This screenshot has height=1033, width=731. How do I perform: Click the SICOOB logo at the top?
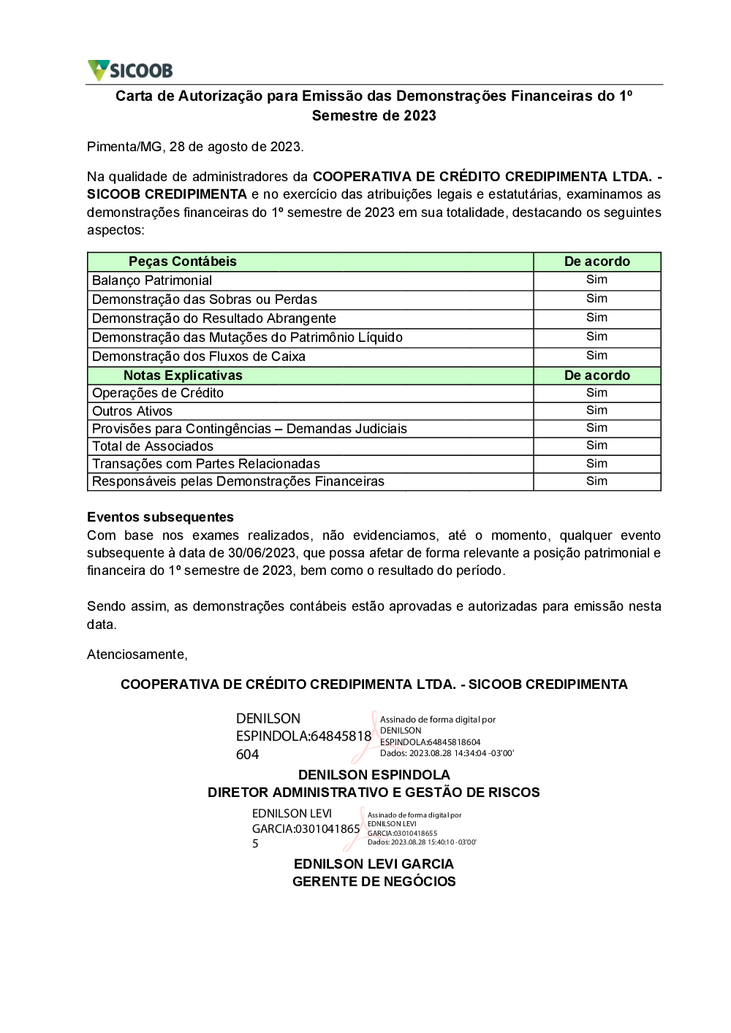pyautogui.click(x=130, y=70)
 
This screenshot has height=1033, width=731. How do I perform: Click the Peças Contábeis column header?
pyautogui.click(x=183, y=262)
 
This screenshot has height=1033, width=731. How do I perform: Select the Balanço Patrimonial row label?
pyautogui.click(x=152, y=281)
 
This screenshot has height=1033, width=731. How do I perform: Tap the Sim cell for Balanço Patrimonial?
pyautogui.click(x=596, y=280)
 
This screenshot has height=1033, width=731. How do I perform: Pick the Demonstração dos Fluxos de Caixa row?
pyautogui.click(x=199, y=357)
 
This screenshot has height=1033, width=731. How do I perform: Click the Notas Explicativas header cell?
pyautogui.click(x=183, y=376)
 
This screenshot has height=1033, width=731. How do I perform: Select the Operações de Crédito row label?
pyautogui.click(x=158, y=393)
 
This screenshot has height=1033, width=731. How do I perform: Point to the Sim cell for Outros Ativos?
pyautogui.click(x=596, y=411)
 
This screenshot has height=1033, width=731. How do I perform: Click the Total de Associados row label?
pyautogui.click(x=153, y=446)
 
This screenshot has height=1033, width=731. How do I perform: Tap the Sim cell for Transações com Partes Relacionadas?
pyautogui.click(x=596, y=464)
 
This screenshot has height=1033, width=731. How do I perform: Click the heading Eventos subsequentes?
pyautogui.click(x=160, y=517)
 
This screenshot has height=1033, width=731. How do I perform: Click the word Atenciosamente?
pyautogui.click(x=137, y=655)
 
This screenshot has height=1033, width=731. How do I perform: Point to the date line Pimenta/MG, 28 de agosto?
pyautogui.click(x=195, y=147)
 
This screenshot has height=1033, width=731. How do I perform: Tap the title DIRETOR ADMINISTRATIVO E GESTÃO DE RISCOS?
pyautogui.click(x=374, y=793)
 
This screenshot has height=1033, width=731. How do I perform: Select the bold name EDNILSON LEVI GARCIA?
pyautogui.click(x=374, y=864)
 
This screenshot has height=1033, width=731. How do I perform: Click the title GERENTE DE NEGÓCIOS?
pyautogui.click(x=374, y=882)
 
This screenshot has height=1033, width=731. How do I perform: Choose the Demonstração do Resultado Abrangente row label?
pyautogui.click(x=214, y=319)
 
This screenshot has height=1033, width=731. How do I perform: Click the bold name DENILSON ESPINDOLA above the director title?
pyautogui.click(x=374, y=775)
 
